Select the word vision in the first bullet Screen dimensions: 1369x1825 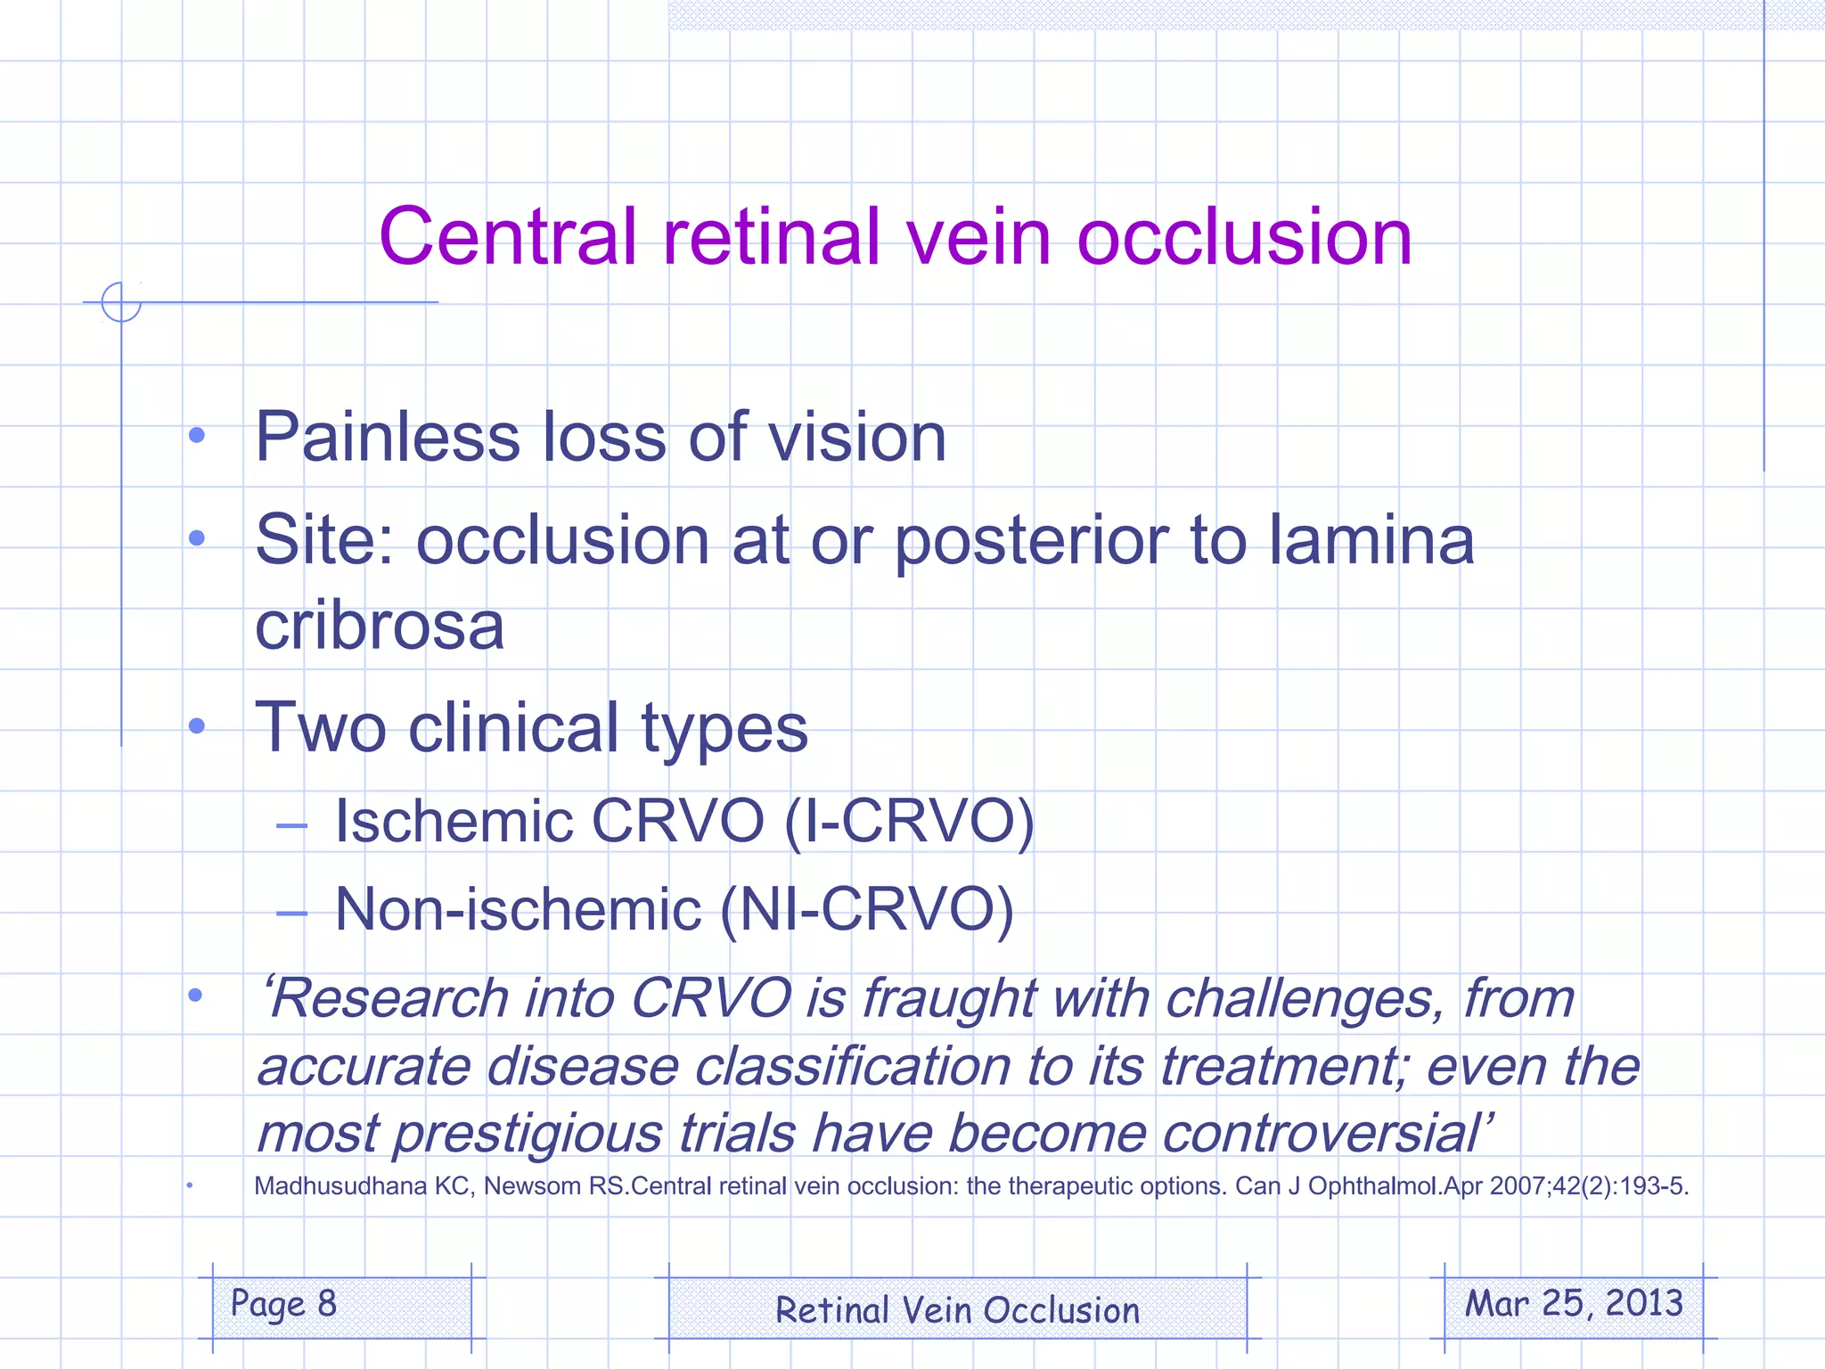(x=856, y=437)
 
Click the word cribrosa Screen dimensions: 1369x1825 (x=380, y=626)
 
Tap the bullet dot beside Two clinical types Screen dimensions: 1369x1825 (x=197, y=726)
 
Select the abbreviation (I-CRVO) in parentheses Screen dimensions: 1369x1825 (x=909, y=820)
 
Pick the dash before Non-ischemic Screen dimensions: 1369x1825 (x=291, y=913)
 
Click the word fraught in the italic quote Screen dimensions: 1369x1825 (x=949, y=997)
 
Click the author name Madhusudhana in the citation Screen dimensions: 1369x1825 (x=340, y=1186)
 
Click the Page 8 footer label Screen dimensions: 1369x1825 (x=283, y=1304)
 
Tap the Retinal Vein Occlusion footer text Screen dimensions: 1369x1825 (x=957, y=1310)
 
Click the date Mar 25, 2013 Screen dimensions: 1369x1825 (x=1574, y=1304)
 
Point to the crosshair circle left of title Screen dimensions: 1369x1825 (x=121, y=302)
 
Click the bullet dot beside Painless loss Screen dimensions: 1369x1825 (x=197, y=436)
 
